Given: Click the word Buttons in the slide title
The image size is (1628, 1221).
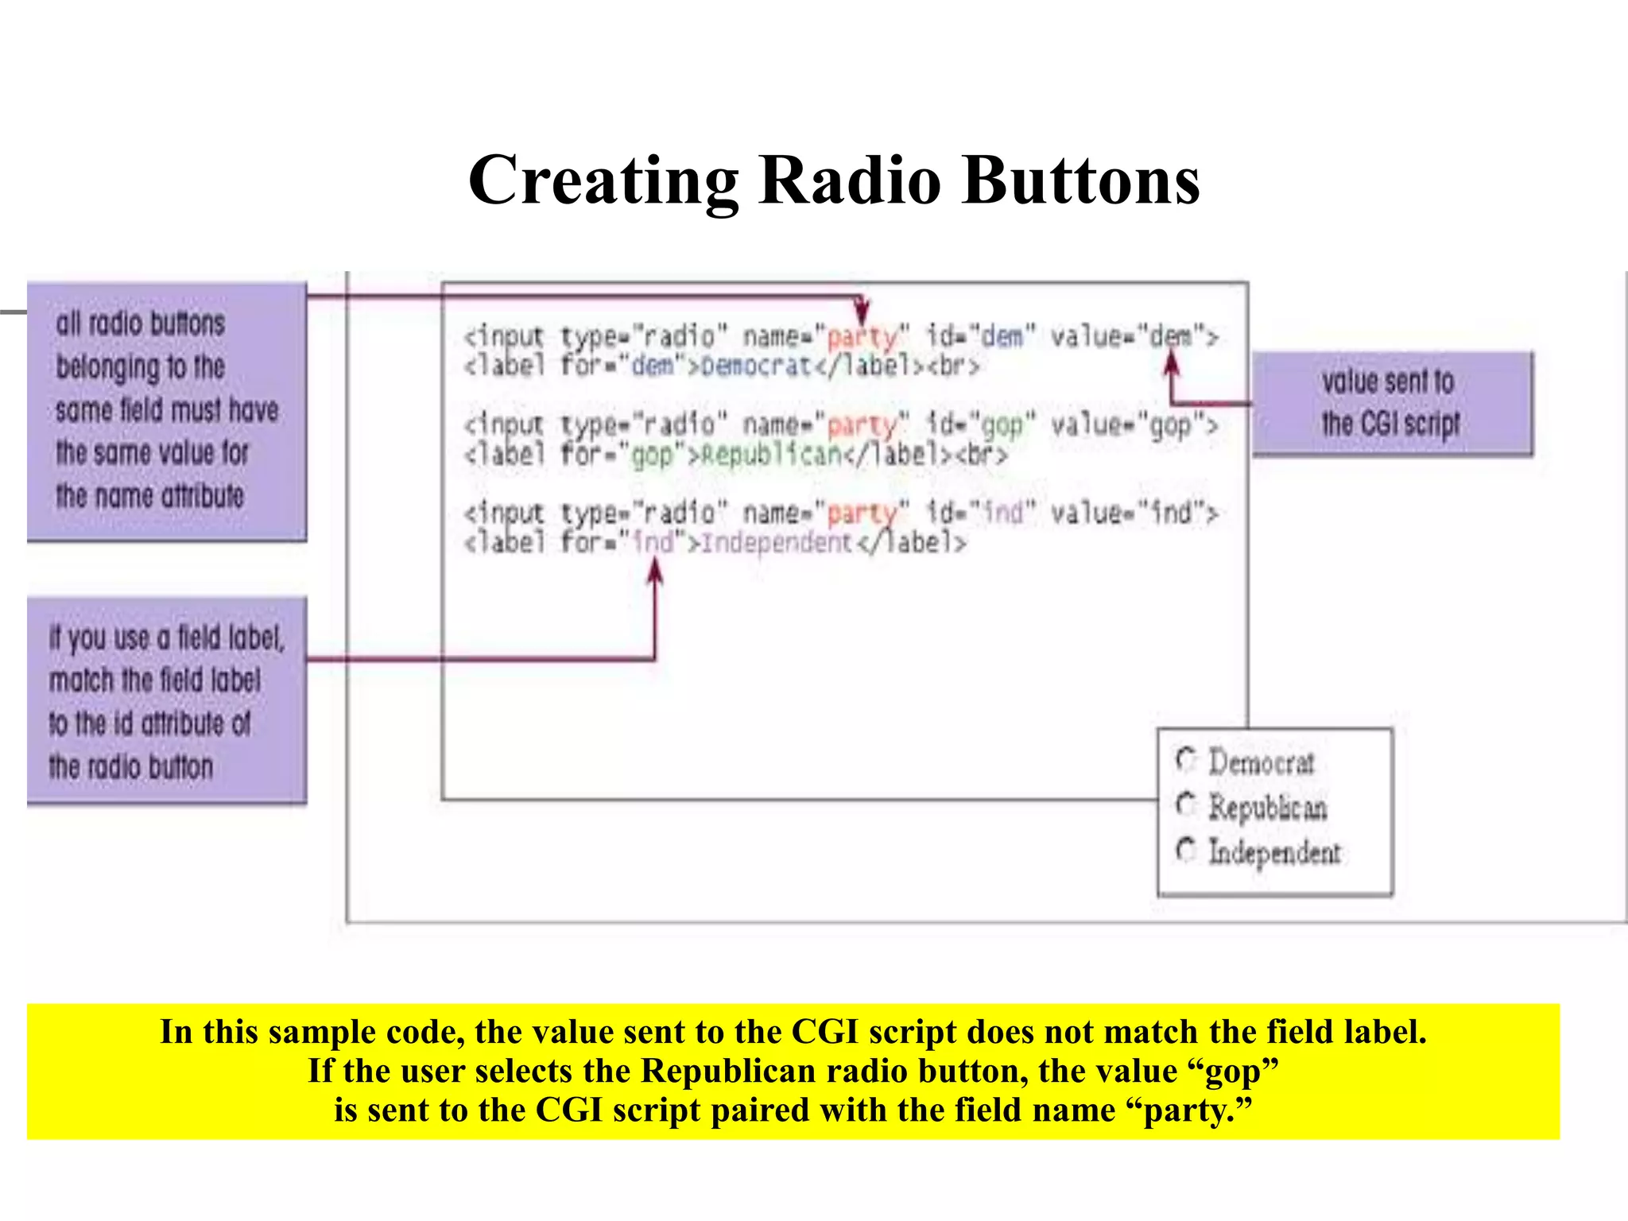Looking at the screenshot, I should pyautogui.click(x=1080, y=180).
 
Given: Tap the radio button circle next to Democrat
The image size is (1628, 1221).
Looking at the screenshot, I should pyautogui.click(x=1185, y=760).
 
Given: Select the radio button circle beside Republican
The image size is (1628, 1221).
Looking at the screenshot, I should pyautogui.click(x=1185, y=804).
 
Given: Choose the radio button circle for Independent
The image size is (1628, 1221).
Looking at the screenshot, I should pyautogui.click(x=1185, y=850).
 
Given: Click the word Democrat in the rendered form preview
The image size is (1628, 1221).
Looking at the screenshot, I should pyautogui.click(x=1262, y=762).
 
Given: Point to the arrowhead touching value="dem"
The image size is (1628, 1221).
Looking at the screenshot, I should pyautogui.click(x=1172, y=363).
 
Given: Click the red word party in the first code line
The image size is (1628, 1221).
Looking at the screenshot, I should pyautogui.click(x=862, y=337).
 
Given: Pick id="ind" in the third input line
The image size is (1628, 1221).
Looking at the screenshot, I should pyautogui.click(x=981, y=513).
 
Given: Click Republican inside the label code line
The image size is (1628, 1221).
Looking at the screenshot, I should pyautogui.click(x=769, y=455).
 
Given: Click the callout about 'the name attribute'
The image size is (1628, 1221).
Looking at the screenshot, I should pyautogui.click(x=166, y=410).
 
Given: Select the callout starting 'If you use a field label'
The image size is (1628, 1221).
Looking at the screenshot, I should pyautogui.click(x=166, y=701).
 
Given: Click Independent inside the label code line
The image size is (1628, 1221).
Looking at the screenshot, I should pyautogui.click(x=777, y=543).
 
